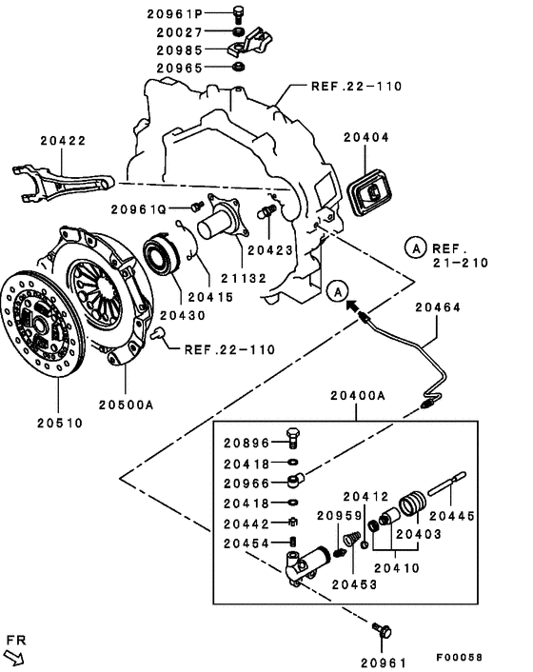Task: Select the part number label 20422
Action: [63, 141]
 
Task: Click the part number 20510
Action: [61, 423]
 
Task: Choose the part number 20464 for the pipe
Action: [439, 307]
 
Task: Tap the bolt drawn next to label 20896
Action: [294, 441]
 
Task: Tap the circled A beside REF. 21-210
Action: [415, 247]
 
